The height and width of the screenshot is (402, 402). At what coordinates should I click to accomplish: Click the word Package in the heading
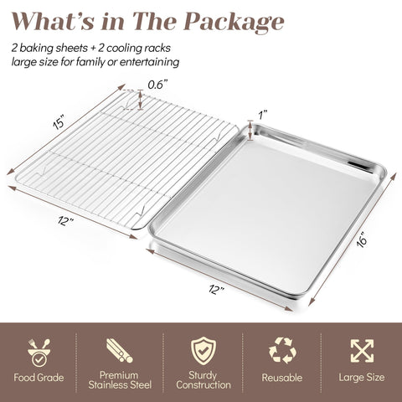(x=236, y=21)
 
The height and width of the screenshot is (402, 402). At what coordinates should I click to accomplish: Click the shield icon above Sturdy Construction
(x=204, y=349)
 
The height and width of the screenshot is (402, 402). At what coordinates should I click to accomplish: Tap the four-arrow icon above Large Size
(x=363, y=349)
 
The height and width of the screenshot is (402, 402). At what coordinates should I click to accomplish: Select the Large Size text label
(x=363, y=379)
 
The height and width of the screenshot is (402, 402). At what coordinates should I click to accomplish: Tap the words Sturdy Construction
(x=204, y=379)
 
